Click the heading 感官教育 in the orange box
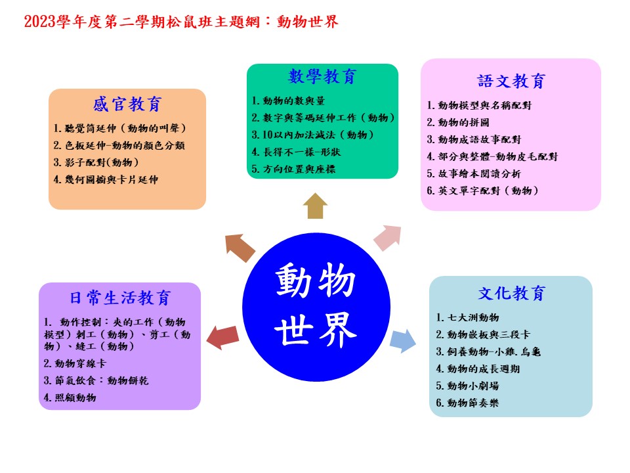click(127, 104)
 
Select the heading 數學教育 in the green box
click(322, 76)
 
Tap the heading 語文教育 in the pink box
click(511, 81)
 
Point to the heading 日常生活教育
click(120, 298)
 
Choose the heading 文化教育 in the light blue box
click(511, 293)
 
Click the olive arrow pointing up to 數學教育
click(315, 206)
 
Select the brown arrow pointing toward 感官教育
click(240, 248)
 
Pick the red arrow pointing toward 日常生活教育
click(222, 337)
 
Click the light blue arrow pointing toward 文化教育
click(402, 341)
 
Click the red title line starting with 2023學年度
click(181, 21)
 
